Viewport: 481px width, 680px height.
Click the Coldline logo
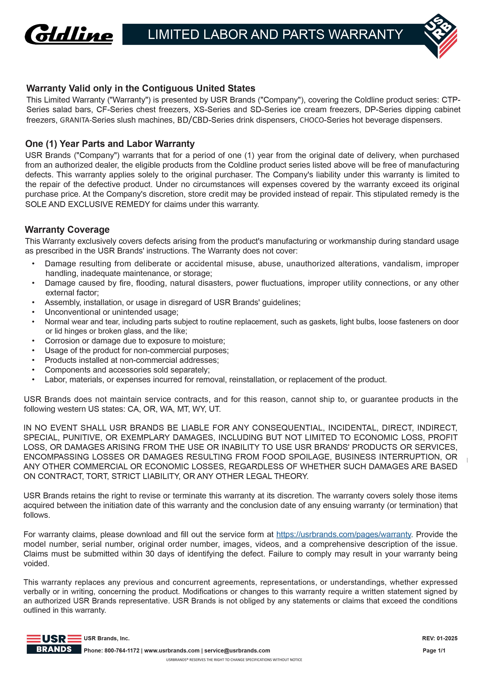pyautogui.click(x=69, y=35)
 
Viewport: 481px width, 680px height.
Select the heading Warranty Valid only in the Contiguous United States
pyautogui.click(x=141, y=88)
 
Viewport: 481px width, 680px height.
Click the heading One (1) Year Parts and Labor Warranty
pyautogui.click(x=110, y=144)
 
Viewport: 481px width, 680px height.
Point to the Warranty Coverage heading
pyautogui.click(x=67, y=230)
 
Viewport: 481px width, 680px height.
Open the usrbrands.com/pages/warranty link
pyautogui.click(x=343, y=534)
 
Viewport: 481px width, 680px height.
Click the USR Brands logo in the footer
pyautogui.click(x=54, y=644)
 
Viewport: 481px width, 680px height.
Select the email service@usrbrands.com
pyautogui.click(x=237, y=650)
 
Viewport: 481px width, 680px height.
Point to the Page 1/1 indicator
pyautogui.click(x=434, y=650)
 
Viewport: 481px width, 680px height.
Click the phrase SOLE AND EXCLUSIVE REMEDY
pyautogui.click(x=87, y=204)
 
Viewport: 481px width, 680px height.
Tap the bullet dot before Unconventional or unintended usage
pyautogui.click(x=34, y=312)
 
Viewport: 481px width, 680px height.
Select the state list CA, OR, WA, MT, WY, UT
pyautogui.click(x=174, y=409)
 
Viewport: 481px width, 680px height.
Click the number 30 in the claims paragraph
pyautogui.click(x=150, y=554)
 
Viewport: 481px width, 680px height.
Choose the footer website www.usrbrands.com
pyautogui.click(x=172, y=650)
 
